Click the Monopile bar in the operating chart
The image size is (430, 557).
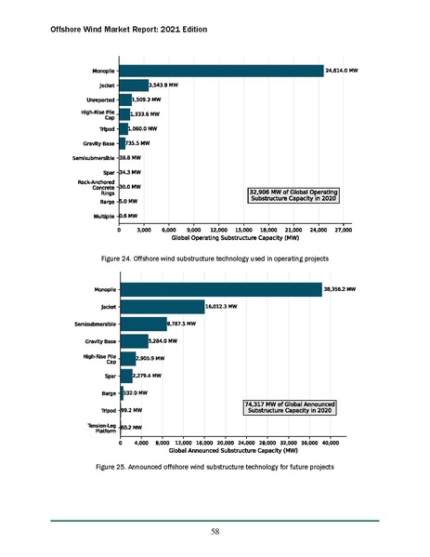221,71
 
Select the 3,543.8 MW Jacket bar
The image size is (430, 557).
133,86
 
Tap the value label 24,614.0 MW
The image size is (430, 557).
342,71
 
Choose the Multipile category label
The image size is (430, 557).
100,216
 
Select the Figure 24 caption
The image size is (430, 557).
215,257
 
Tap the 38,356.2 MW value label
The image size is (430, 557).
341,289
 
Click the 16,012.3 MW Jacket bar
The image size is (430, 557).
162,306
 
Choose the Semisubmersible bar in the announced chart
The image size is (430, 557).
143,324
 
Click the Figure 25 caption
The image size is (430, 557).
215,465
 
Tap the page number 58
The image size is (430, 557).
215,531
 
